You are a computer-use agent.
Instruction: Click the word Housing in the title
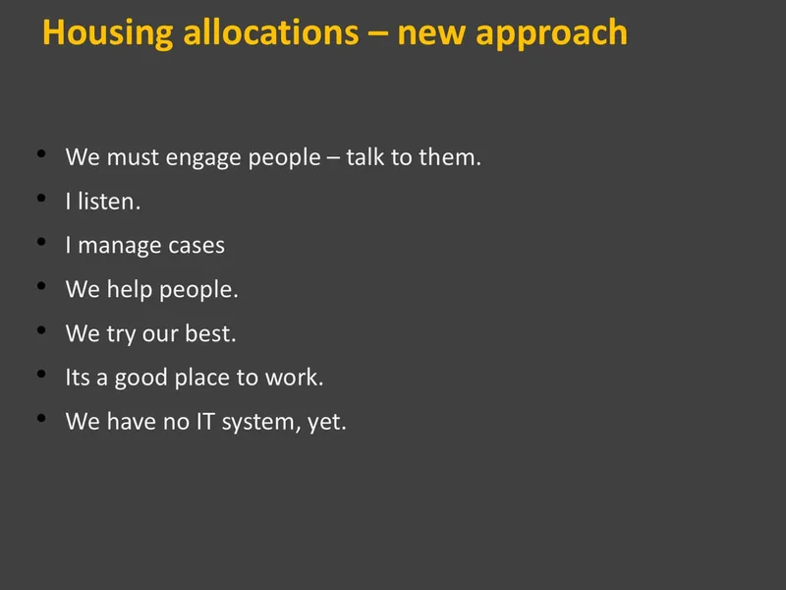[x=108, y=33]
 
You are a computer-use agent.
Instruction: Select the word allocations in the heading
[x=271, y=32]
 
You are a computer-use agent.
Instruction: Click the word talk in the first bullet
[x=365, y=157]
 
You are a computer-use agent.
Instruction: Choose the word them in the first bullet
[x=450, y=157]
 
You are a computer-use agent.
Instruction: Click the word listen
[x=109, y=202]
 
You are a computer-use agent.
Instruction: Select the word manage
[x=119, y=247]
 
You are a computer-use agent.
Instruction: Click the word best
[x=210, y=333]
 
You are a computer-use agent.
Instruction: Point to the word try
[x=121, y=334]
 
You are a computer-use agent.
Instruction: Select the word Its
[x=78, y=378]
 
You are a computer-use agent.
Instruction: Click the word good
[x=140, y=379]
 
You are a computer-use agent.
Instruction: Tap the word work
[x=294, y=378]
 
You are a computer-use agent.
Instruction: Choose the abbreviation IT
[x=205, y=422]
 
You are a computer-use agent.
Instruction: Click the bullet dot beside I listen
[x=41, y=199]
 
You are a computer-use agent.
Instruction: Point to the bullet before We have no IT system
[x=41, y=418]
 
